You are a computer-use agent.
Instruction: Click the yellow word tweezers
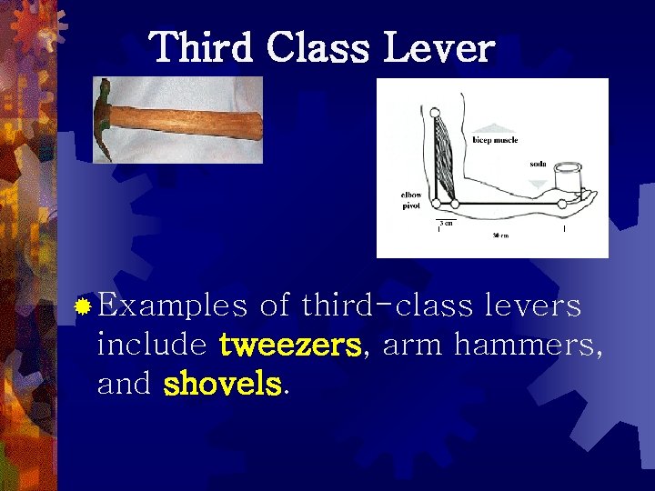point(291,346)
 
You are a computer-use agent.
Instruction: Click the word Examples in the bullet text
point(172,306)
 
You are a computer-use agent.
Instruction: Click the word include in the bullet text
point(151,346)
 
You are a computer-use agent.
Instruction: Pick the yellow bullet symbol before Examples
point(82,307)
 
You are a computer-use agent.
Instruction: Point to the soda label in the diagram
point(539,165)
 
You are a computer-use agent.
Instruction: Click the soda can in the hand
point(568,180)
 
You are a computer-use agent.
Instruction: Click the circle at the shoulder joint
point(435,113)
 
